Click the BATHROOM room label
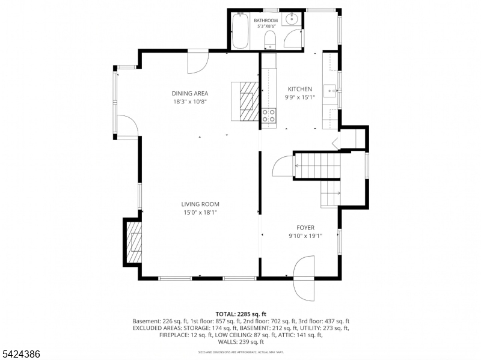(266, 20)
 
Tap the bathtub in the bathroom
(240, 31)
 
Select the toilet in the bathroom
(270, 40)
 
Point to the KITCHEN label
(299, 89)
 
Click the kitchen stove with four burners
(268, 116)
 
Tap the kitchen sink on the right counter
(330, 91)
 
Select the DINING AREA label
(190, 93)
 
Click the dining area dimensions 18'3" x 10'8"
(190, 102)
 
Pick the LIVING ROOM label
(201, 204)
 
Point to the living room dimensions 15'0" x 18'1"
(201, 212)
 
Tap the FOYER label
(305, 228)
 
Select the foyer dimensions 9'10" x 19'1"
(305, 236)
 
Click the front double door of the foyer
(305, 278)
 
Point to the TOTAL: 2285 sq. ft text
(240, 314)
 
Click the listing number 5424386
(21, 355)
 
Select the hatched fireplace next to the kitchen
(247, 102)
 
